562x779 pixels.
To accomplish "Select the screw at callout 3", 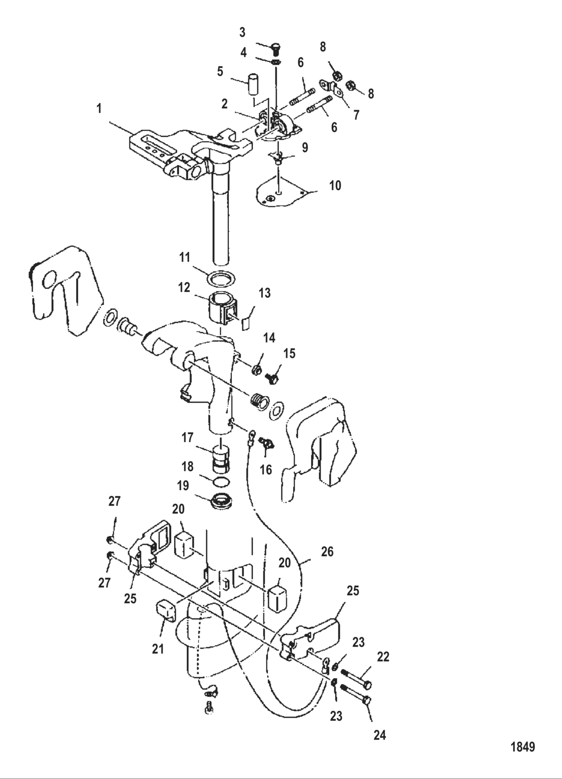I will click(x=275, y=49).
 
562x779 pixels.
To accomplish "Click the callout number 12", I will click(x=184, y=287).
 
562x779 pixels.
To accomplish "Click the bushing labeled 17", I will click(x=221, y=458).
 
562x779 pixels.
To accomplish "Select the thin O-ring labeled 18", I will click(x=221, y=482).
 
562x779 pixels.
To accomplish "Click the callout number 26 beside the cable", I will click(x=327, y=552).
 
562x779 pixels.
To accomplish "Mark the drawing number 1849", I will click(x=523, y=746).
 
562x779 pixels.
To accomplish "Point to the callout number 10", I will click(x=335, y=185).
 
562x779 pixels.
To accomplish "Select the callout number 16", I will click(x=265, y=469).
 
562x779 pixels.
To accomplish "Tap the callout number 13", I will click(x=264, y=293).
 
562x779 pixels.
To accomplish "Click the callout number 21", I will click(x=158, y=649).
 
